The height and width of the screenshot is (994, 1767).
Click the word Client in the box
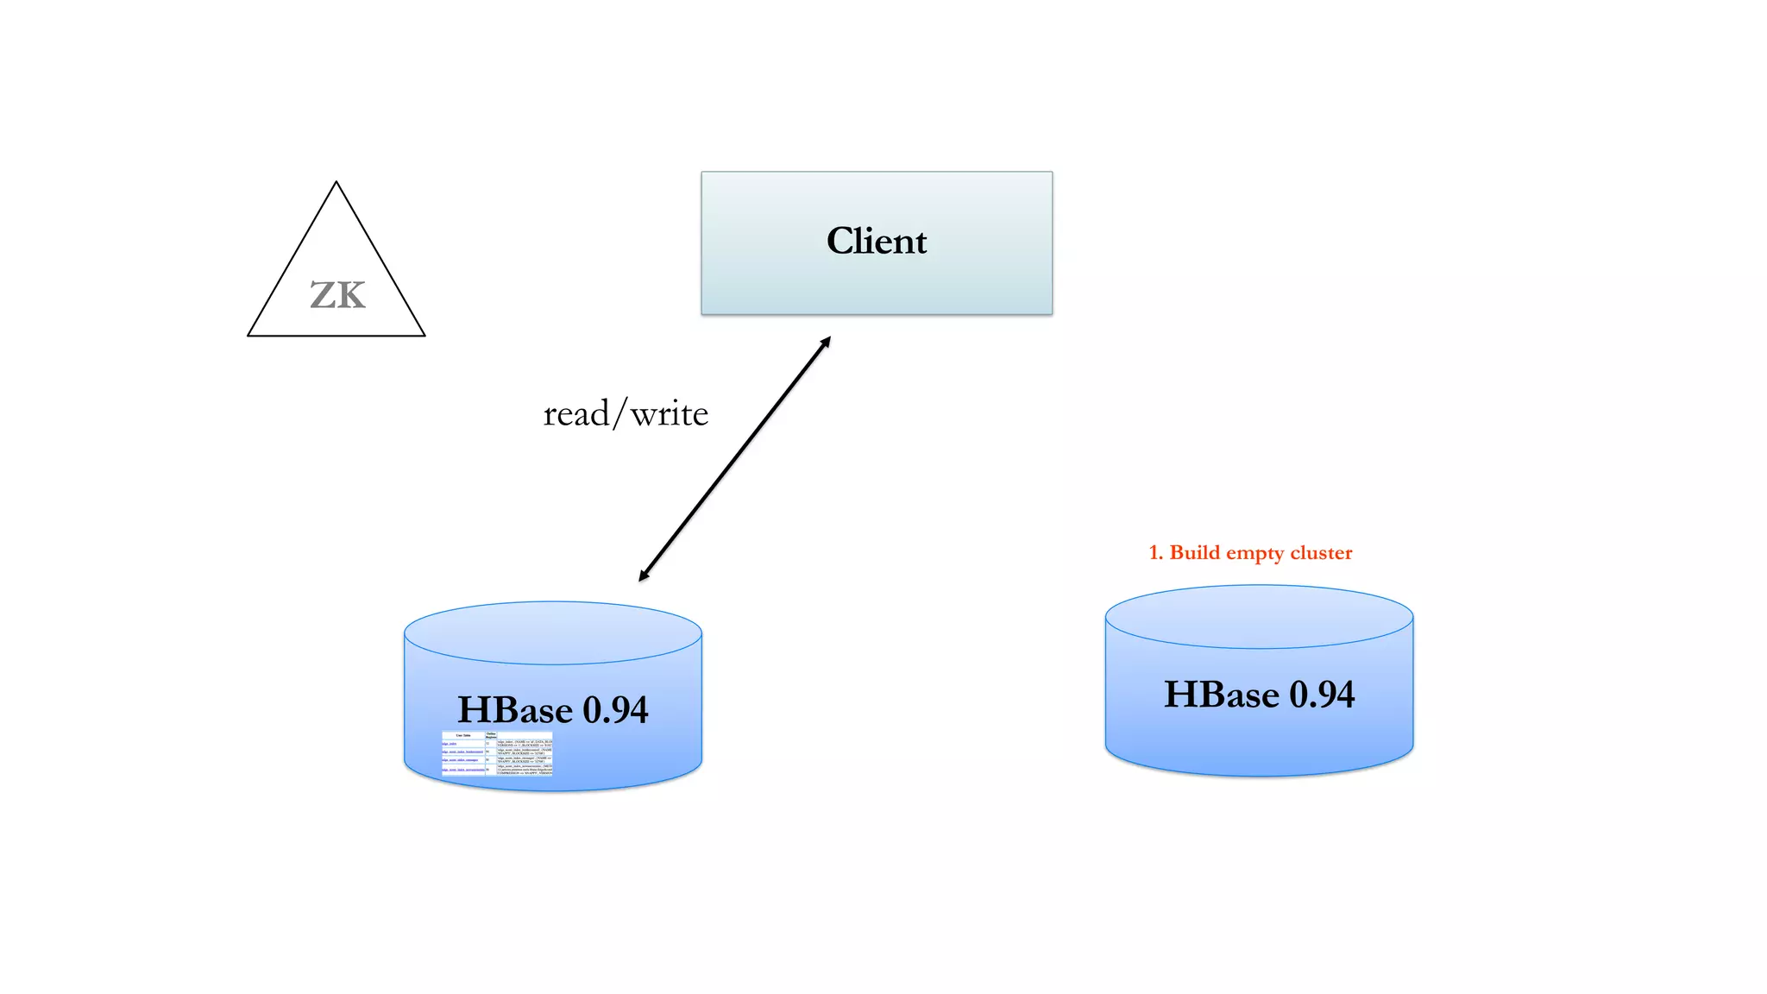[x=877, y=241]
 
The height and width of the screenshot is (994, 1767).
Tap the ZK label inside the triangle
[x=337, y=296]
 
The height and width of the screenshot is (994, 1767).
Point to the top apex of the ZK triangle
[x=336, y=183]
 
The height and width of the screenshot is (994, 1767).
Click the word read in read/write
[x=576, y=414]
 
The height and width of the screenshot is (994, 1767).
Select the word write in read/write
[x=670, y=414]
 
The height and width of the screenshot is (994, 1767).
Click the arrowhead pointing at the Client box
[x=826, y=342]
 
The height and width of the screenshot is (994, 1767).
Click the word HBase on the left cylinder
[x=515, y=710]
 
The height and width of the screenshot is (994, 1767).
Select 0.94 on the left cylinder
[x=615, y=710]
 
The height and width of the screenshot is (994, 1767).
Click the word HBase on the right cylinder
[x=1222, y=695]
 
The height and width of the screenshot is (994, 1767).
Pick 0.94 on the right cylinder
[x=1322, y=695]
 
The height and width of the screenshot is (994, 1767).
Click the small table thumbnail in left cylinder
[x=497, y=753]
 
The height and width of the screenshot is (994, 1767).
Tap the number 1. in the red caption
[x=1156, y=553]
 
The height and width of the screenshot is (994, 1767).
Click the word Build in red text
[x=1195, y=553]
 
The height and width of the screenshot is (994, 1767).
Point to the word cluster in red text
[x=1321, y=553]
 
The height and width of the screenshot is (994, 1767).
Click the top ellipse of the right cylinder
[x=1259, y=617]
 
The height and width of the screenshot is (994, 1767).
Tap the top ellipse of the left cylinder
[x=552, y=633]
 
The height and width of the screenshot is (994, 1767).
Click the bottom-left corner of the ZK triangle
[x=249, y=335]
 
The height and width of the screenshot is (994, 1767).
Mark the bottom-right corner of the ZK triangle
[x=424, y=335]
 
